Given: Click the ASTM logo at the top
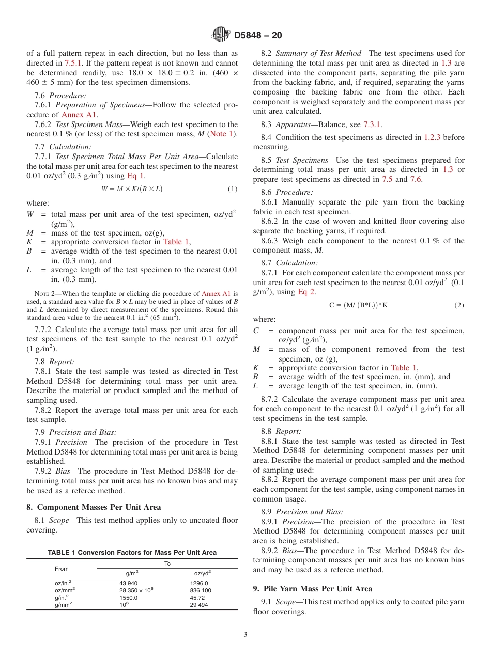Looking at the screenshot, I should (221, 35).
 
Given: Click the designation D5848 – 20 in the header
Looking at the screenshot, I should (258, 36).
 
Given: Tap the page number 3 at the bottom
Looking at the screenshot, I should (245, 635).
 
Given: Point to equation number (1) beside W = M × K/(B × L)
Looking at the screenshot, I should (232, 189).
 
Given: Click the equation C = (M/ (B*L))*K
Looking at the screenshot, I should (358, 305).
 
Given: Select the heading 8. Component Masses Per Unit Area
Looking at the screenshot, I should (94, 507).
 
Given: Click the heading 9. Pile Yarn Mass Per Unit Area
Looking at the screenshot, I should (319, 589).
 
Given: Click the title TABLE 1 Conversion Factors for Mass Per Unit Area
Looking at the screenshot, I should (132, 553).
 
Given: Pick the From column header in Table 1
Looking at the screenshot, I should (62, 568).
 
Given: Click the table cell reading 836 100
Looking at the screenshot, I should (201, 590).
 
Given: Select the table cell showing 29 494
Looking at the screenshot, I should (199, 605).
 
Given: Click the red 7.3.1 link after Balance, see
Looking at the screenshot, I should (372, 124).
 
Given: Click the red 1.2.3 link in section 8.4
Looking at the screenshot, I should (433, 137).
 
